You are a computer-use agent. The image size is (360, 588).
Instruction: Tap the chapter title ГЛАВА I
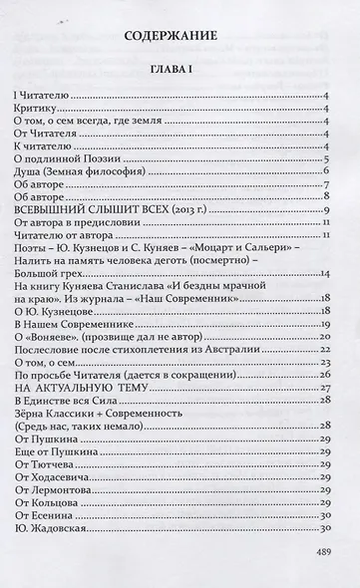pos(180,72)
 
